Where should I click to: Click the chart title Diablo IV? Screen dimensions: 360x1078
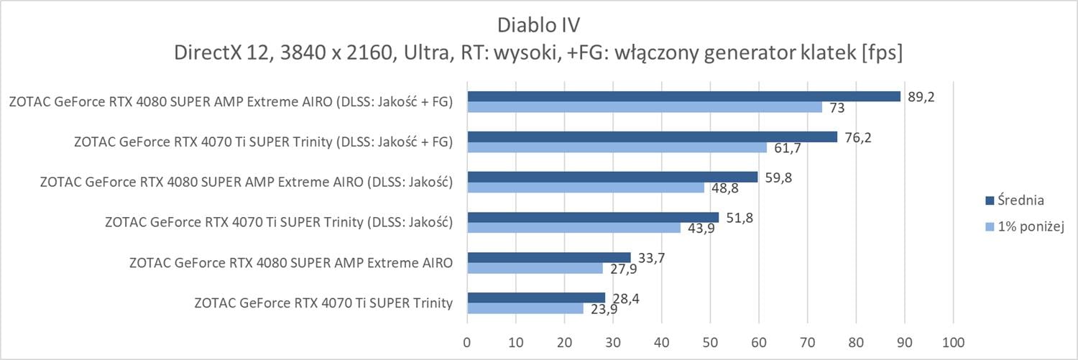pyautogui.click(x=538, y=24)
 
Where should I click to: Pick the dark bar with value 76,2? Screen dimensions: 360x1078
pyautogui.click(x=652, y=137)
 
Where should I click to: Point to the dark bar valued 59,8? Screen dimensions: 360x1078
pyautogui.click(x=612, y=177)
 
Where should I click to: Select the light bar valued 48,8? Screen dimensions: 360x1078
pyautogui.click(x=586, y=188)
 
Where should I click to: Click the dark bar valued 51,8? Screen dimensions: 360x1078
pyautogui.click(x=593, y=217)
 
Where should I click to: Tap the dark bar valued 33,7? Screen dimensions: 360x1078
pyautogui.click(x=549, y=257)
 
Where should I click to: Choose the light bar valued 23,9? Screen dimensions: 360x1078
pyautogui.click(x=525, y=308)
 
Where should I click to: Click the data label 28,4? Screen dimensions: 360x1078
pyautogui.click(x=622, y=297)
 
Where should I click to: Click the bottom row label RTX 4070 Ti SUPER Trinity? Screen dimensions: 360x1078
pyautogui.click(x=323, y=303)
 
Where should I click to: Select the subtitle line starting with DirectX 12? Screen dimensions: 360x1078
pyautogui.click(x=538, y=53)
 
